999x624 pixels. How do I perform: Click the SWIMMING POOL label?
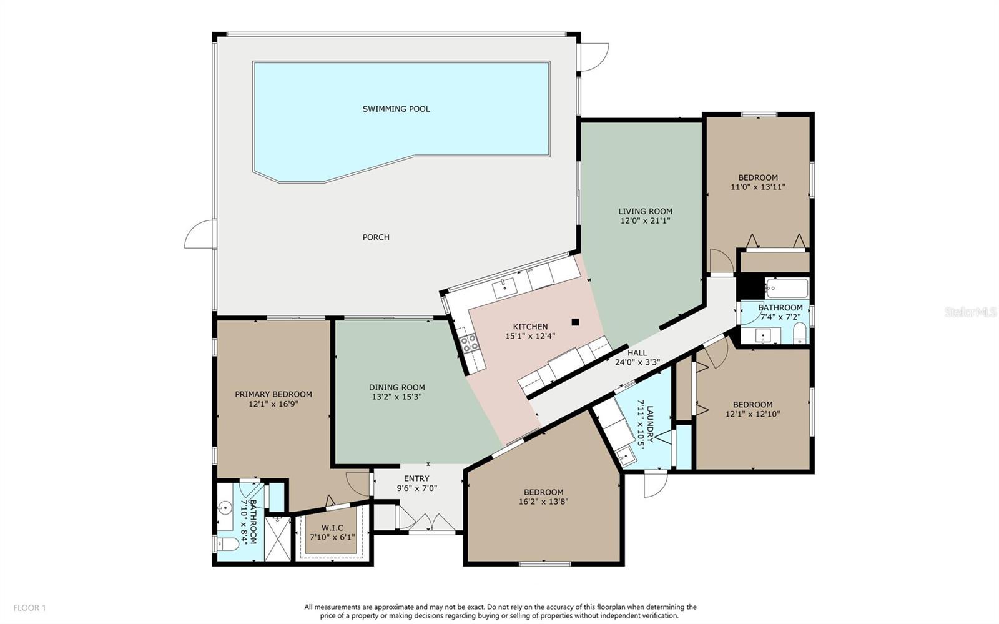pos(396,109)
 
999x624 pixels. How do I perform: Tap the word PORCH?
pos(376,237)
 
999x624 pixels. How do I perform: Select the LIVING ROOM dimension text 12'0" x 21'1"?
pos(646,220)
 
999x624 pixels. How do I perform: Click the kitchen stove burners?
pos(469,344)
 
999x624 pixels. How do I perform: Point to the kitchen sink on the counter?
pos(505,288)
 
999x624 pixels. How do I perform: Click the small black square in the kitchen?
pos(575,322)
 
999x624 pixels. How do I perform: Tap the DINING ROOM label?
pos(397,387)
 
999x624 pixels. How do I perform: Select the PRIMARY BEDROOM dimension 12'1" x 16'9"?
pos(273,404)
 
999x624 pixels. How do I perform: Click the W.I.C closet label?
pos(332,528)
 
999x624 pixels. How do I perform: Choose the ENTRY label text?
pos(416,478)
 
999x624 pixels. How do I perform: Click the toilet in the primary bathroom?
pos(228,544)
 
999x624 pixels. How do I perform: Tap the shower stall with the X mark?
pos(277,538)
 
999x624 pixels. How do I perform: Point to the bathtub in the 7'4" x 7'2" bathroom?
pos(787,288)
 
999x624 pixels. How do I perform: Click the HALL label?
pos(637,353)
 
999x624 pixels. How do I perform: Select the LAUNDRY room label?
pos(650,423)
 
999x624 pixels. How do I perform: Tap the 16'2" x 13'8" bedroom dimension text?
pos(543,502)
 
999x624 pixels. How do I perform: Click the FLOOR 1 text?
pos(29,608)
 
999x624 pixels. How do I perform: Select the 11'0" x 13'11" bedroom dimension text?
pos(758,187)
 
